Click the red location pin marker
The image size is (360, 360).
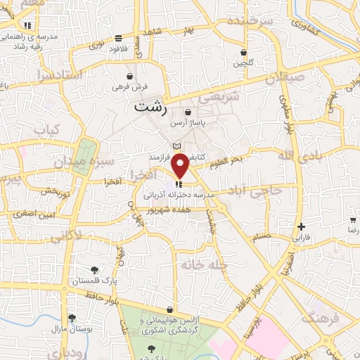coord(180,165)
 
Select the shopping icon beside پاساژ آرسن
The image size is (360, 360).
coord(188,112)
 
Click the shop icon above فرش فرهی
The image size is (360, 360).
coord(130,76)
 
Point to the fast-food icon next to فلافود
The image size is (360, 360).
coord(118,38)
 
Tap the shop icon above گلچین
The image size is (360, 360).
coord(243,51)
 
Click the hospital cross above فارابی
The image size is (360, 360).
coord(302,226)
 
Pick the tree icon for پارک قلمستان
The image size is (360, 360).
coord(94,269)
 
